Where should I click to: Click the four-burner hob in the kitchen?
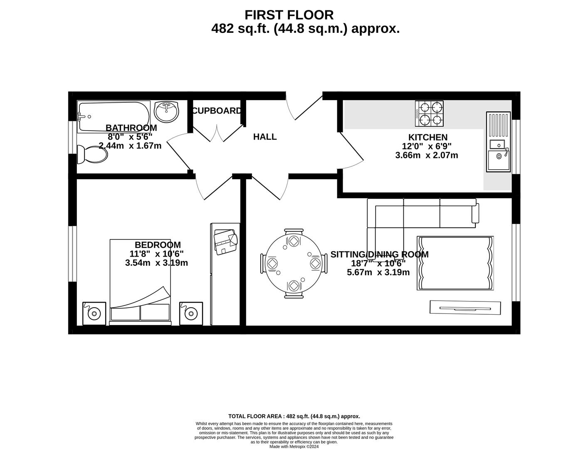coord(429,113)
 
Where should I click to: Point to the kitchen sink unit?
coord(498,141)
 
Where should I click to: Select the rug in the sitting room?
coord(455,263)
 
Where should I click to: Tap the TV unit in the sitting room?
coord(464,308)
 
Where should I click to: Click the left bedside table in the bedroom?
coord(94,313)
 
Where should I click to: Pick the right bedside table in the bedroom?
coord(191,313)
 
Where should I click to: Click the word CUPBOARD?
coord(216,111)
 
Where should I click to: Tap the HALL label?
coord(265,137)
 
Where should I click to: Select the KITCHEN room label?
coord(427,137)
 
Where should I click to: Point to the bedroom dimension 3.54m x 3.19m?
coord(156,263)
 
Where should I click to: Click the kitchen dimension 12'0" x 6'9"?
coord(426,146)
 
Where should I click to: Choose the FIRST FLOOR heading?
coord(289,15)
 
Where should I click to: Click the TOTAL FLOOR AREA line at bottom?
coord(294,416)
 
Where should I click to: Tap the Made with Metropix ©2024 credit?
coord(294,447)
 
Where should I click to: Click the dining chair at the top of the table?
coord(294,232)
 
